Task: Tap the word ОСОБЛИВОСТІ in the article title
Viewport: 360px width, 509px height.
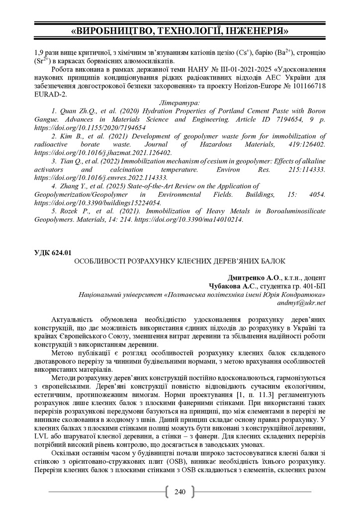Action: point(101,261)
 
